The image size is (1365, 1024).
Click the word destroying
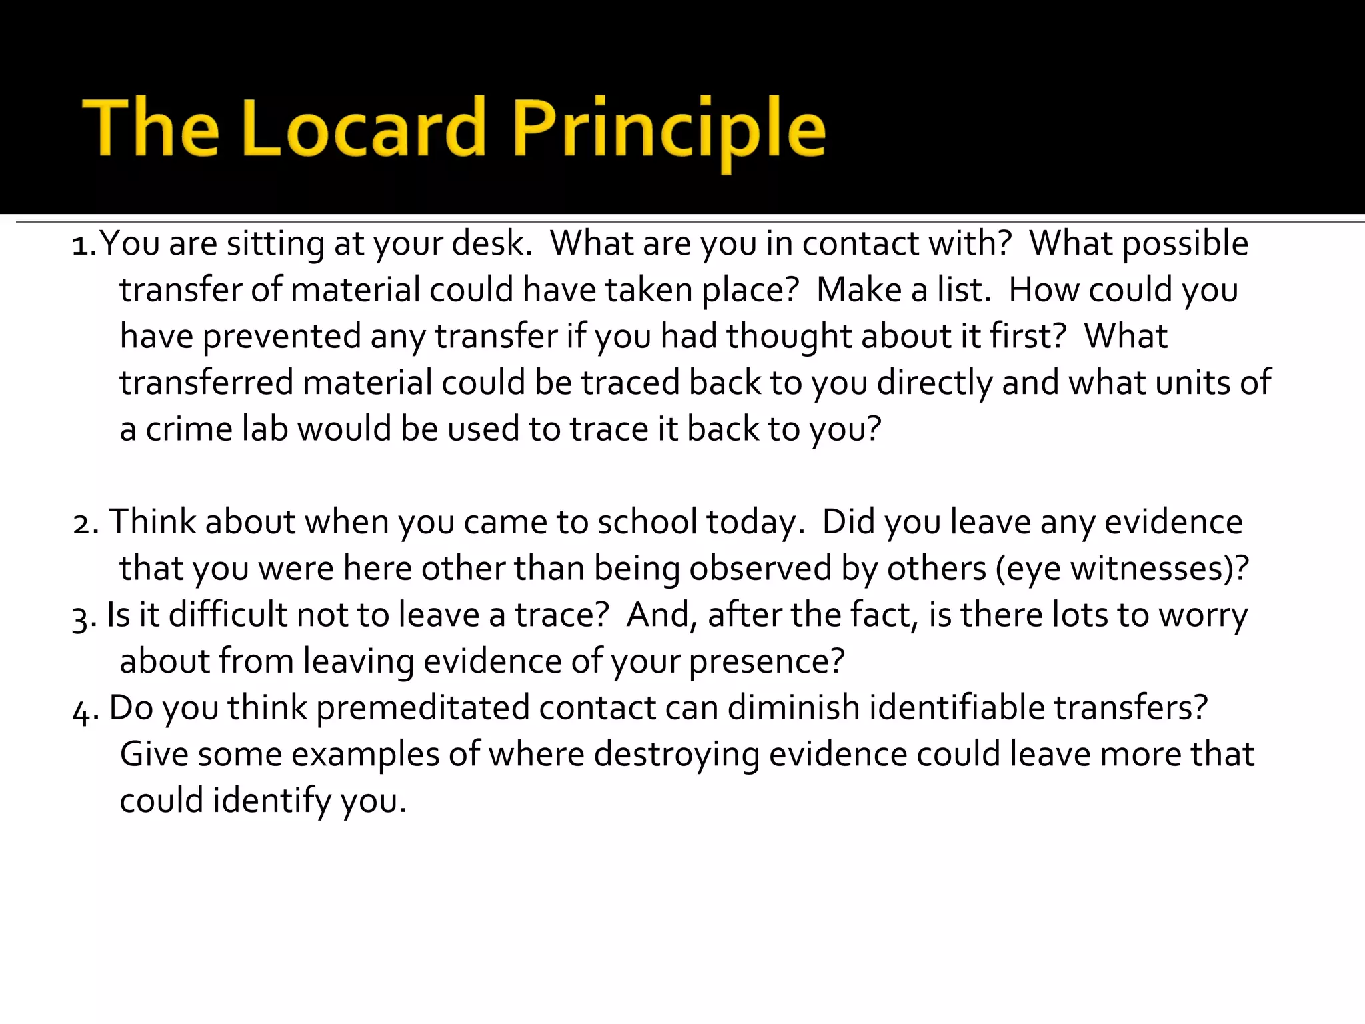[x=677, y=755]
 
